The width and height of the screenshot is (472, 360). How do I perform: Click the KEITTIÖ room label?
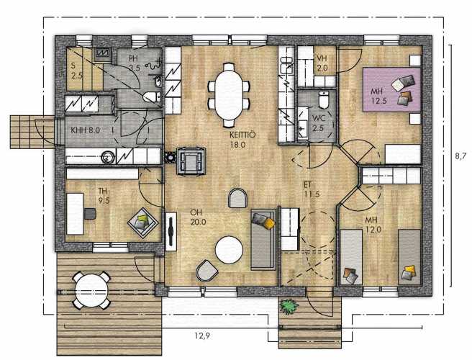242,140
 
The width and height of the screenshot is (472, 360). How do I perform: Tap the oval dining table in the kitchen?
229,95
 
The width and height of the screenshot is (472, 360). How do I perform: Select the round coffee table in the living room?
229,250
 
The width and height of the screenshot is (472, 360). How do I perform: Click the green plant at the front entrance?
289,307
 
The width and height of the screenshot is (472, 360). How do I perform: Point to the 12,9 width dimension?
202,336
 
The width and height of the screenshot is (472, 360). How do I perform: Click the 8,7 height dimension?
460,156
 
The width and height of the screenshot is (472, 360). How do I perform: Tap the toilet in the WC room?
324,99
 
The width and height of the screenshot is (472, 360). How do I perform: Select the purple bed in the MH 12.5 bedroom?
391,89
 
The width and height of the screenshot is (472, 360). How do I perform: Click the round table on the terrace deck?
91,290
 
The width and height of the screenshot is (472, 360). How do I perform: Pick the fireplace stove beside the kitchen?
191,161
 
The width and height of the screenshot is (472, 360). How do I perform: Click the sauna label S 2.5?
77,71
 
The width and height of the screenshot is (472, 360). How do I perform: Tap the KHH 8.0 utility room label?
85,130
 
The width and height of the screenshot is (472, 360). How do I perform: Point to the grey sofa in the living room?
263,240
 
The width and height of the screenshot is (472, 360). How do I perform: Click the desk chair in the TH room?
90,214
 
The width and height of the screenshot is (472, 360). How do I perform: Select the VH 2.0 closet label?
322,63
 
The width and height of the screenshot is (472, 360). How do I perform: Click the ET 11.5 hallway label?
312,189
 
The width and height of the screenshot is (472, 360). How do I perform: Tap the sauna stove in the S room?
104,53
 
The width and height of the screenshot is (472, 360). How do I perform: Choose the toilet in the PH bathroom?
152,97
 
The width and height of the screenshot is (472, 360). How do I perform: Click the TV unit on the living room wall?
171,231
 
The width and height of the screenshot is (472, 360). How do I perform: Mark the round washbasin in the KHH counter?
106,157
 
